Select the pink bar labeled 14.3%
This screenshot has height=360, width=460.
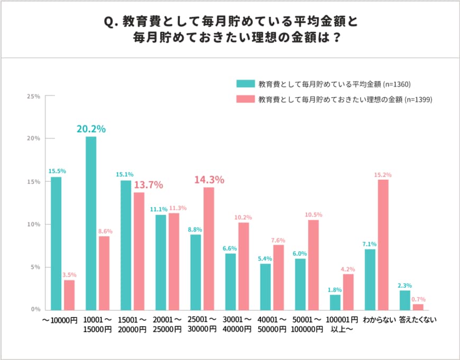(x=209, y=248)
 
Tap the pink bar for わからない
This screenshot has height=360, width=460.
(x=383, y=245)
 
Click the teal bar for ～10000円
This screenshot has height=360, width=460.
(x=56, y=243)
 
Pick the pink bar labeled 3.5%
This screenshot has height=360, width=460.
(x=69, y=295)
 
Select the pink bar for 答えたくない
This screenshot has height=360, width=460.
(x=418, y=307)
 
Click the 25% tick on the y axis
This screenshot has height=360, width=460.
(x=33, y=96)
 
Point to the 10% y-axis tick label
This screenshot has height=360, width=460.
(x=33, y=224)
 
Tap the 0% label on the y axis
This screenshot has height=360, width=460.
(x=35, y=310)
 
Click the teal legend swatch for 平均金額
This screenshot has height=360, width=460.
(x=245, y=84)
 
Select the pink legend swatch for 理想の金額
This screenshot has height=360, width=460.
(x=245, y=99)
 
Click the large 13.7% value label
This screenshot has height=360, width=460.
(x=148, y=185)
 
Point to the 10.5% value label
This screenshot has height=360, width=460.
(x=314, y=215)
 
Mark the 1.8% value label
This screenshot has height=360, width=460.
(x=335, y=290)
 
